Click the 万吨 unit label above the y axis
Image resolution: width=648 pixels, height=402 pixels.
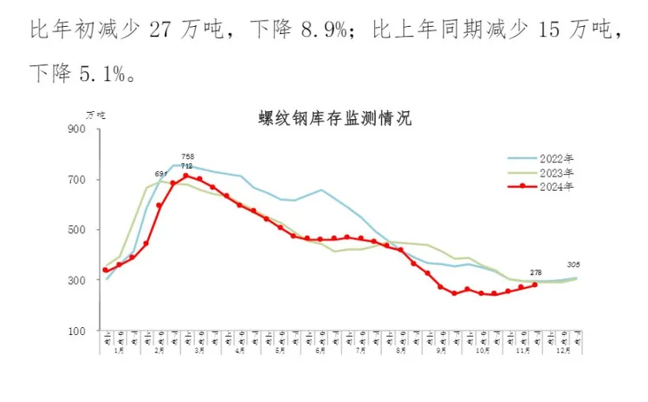(95, 114)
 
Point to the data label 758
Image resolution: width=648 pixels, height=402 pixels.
(187, 157)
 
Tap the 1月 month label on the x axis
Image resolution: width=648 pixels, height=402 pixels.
(119, 349)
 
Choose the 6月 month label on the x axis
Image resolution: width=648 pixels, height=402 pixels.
(321, 349)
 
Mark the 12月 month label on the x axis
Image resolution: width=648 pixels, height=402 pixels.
(562, 349)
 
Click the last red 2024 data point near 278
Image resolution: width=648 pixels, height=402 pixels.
(535, 285)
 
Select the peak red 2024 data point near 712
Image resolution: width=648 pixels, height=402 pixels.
(186, 176)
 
